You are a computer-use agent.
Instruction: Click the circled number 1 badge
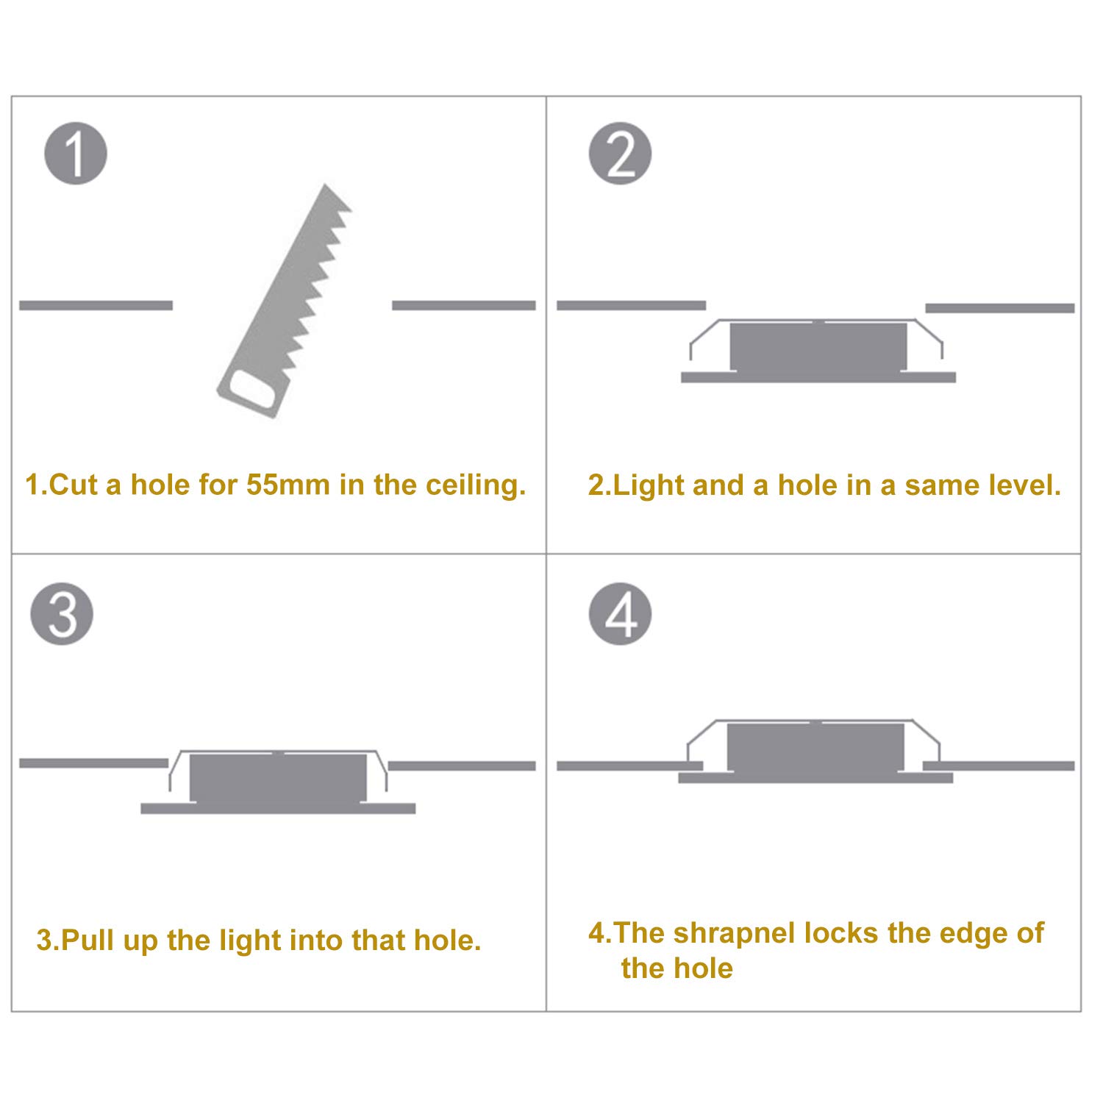pyautogui.click(x=76, y=154)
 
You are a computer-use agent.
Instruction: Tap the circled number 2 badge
pyautogui.click(x=620, y=154)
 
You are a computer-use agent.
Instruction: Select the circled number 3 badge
pyautogui.click(x=62, y=614)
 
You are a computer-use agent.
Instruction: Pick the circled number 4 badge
pyautogui.click(x=620, y=614)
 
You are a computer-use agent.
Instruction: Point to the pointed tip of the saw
pyautogui.click(x=324, y=185)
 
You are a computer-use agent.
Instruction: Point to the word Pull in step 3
pyautogui.click(x=85, y=940)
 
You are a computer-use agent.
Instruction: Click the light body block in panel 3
pyautogui.click(x=278, y=777)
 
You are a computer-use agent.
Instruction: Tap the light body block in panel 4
pyautogui.click(x=816, y=747)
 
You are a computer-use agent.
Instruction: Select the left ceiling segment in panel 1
pyautogui.click(x=96, y=305)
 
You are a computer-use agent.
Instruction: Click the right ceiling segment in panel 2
pyautogui.click(x=1000, y=308)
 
